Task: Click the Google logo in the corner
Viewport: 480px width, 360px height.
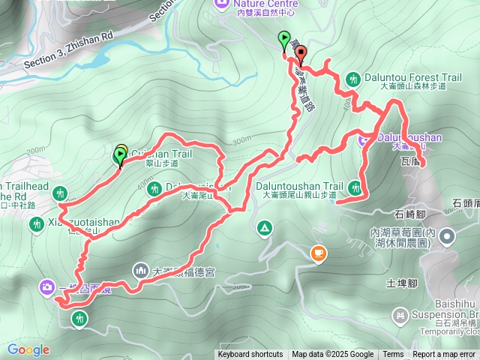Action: (28, 349)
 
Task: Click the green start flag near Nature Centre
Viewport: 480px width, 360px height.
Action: (283, 39)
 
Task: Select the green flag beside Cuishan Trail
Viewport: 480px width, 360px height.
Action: (118, 156)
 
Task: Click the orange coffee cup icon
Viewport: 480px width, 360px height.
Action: (319, 254)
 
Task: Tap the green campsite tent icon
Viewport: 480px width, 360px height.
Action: (264, 227)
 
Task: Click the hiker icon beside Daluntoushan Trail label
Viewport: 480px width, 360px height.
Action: (355, 186)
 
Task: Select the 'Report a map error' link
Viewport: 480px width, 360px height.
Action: (445, 355)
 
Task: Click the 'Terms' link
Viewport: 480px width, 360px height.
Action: (393, 355)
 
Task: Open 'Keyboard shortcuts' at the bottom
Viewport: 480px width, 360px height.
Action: (250, 355)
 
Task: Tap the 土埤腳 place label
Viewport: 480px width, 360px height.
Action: (400, 283)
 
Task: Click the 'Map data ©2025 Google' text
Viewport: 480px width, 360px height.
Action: (333, 355)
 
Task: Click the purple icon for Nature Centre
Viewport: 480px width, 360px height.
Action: (222, 4)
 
